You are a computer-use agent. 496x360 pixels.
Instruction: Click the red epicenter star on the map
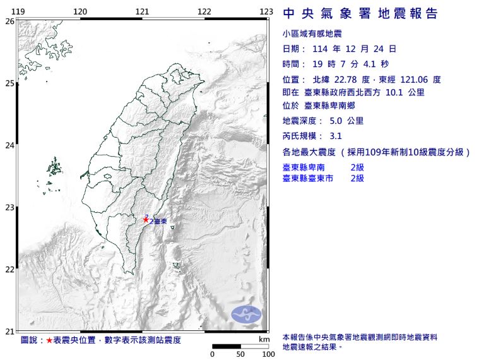pyautogui.click(x=146, y=219)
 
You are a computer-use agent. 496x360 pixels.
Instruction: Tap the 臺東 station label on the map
pyautogui.click(x=161, y=222)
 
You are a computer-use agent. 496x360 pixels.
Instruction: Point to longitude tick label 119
pyautogui.click(x=19, y=11)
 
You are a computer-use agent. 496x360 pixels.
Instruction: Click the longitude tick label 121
pyautogui.click(x=143, y=11)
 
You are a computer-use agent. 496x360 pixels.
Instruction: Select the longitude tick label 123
pyautogui.click(x=266, y=11)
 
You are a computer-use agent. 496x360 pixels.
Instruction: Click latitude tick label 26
pyautogui.click(x=9, y=21)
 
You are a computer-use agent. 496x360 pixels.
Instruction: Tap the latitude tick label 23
pyautogui.click(x=9, y=207)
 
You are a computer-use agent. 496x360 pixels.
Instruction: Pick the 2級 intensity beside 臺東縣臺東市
pyautogui.click(x=357, y=179)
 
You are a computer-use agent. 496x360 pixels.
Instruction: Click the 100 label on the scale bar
pyautogui.click(x=268, y=354)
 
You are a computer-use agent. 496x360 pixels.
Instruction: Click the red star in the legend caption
pyautogui.click(x=50, y=340)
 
